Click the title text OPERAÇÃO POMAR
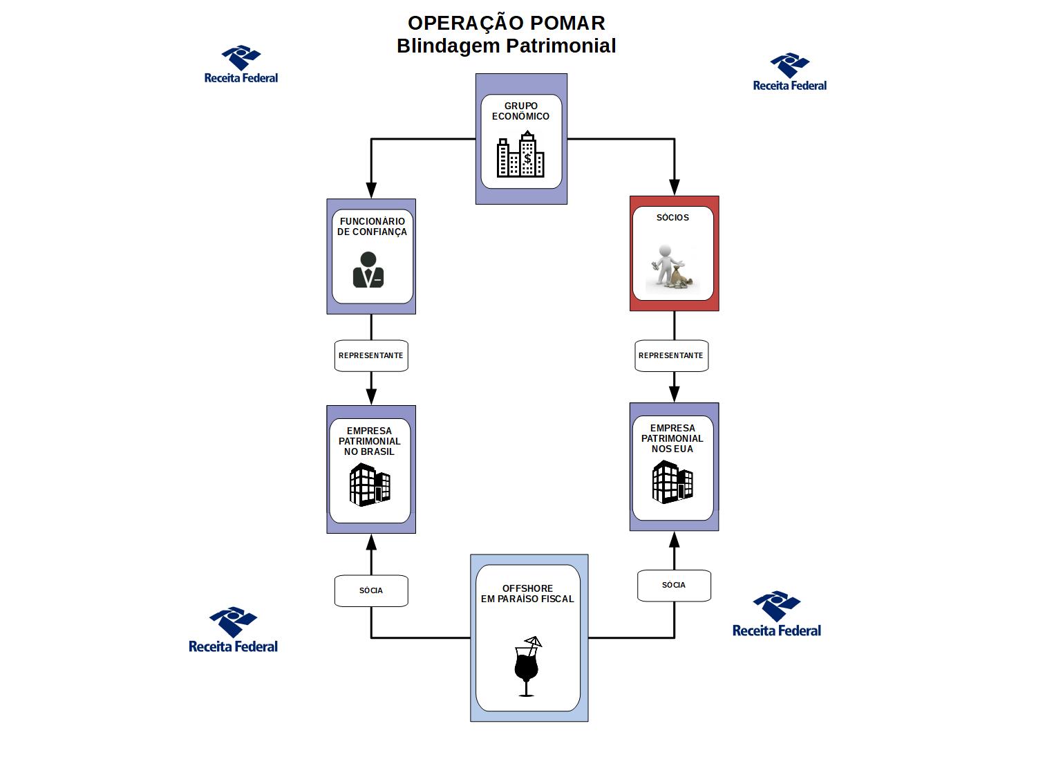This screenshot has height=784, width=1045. point(506,23)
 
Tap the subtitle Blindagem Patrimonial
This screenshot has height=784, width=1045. point(506,46)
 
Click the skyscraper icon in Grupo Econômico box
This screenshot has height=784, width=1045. point(520,155)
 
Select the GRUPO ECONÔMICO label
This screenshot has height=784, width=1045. point(520,111)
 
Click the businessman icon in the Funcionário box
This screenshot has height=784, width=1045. point(368,270)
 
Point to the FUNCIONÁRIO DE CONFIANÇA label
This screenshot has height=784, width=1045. point(372,227)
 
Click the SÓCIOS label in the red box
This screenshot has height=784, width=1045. point(672,217)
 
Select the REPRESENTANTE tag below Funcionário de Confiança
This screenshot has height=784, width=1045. point(371,355)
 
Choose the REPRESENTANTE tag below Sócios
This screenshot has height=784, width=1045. point(671,355)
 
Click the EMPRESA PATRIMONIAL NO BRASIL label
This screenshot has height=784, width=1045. point(370,441)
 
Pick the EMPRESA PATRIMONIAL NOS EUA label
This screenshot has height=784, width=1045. point(672,438)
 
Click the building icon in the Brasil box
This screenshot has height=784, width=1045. point(370,485)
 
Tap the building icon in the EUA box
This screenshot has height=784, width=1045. point(672,482)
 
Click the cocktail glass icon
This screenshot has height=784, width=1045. point(527,666)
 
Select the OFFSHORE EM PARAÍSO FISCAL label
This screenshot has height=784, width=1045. point(527,594)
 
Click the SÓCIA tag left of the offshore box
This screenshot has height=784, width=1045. point(371,590)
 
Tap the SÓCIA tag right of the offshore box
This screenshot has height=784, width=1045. point(674,585)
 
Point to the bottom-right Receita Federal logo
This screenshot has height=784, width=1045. point(777,614)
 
